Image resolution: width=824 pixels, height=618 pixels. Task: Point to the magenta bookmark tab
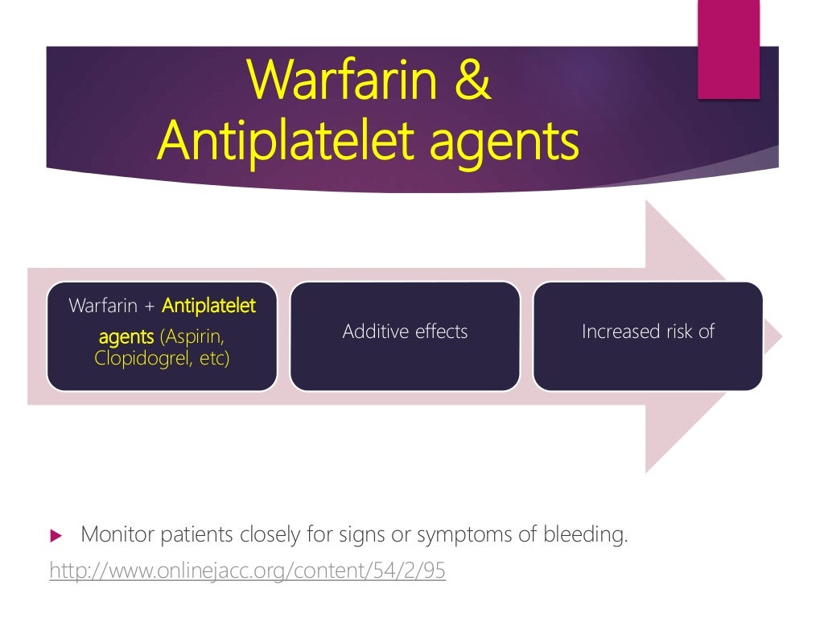click(x=728, y=49)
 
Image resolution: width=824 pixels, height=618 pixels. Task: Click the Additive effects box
click(x=405, y=336)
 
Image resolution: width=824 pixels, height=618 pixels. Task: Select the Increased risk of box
click(x=648, y=336)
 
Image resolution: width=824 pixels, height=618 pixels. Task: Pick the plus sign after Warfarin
click(x=150, y=307)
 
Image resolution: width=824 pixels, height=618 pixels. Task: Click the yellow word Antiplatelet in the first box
click(x=208, y=306)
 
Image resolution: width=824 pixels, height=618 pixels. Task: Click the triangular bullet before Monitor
click(x=56, y=535)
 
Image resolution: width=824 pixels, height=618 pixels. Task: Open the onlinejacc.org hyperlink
click(x=247, y=571)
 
